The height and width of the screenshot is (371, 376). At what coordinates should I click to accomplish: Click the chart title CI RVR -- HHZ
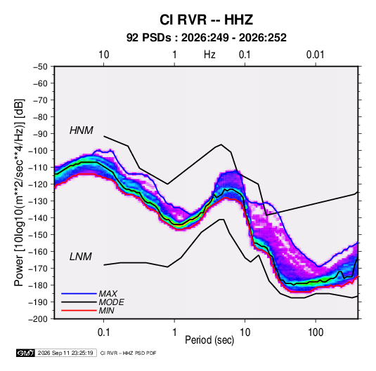pos(206,20)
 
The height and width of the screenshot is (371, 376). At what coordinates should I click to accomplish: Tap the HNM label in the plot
pos(82,130)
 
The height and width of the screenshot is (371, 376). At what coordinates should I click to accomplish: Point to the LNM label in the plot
pos(81,257)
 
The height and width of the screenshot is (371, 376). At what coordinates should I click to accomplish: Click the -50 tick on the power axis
pos(40,67)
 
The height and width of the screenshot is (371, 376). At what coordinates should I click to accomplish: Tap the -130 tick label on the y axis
pos(38,201)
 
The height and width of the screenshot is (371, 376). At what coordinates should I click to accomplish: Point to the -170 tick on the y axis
pos(38,269)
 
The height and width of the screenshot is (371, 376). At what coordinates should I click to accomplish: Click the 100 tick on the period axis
pos(316,332)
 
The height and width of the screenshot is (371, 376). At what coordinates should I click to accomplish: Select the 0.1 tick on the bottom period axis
pos(103,332)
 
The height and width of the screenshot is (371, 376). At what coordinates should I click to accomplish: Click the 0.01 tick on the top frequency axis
pos(315,55)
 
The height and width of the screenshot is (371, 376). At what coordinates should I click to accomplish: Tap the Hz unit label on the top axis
pos(209,55)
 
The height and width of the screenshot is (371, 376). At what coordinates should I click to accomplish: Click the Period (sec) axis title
pos(209,340)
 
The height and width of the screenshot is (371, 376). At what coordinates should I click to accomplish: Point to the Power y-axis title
pos(19,193)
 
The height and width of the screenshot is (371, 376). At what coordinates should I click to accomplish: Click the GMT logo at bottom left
pos(25,353)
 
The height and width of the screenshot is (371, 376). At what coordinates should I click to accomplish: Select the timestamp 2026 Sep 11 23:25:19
pos(65,353)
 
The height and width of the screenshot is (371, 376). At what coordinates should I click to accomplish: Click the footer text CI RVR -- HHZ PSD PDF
pos(129,353)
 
